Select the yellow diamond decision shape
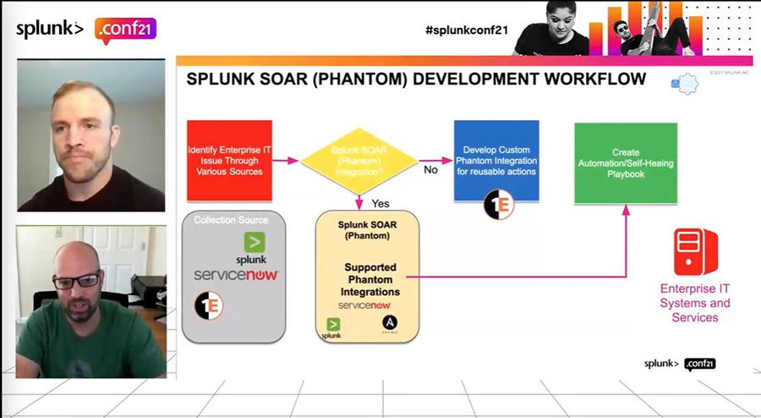point(359,160)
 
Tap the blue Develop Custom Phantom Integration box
point(496,160)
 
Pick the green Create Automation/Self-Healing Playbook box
point(626,162)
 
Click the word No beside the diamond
point(430,169)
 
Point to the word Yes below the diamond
point(380,204)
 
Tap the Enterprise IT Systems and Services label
point(694,303)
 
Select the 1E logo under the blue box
point(497,206)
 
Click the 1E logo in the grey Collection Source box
point(209,305)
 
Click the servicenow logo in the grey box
point(236,276)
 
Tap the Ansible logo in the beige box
point(390,324)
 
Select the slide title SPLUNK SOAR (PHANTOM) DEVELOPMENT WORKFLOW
point(415,80)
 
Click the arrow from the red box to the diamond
point(286,160)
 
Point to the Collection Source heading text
point(231,220)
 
